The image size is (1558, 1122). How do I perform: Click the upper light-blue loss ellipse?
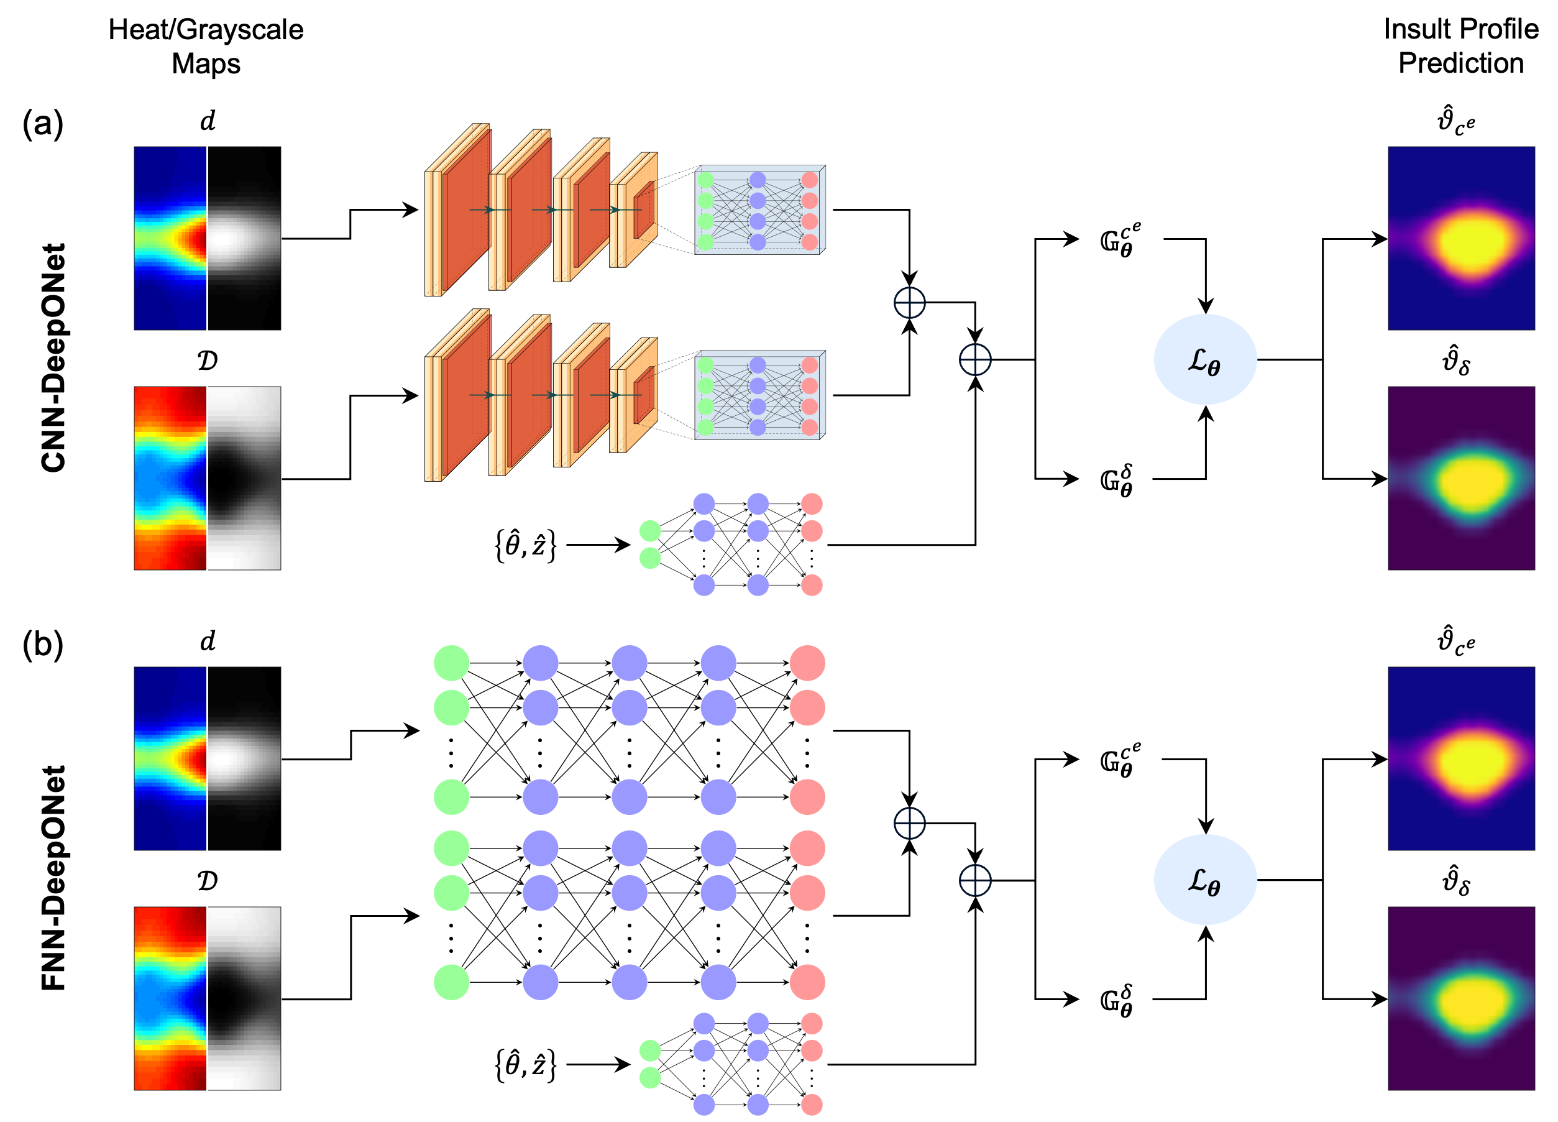click(x=1205, y=359)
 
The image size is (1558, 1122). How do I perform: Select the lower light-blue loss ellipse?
click(x=1205, y=880)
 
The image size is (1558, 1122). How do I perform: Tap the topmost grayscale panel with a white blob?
click(x=244, y=237)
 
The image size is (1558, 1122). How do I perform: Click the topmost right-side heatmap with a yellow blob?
click(x=1461, y=237)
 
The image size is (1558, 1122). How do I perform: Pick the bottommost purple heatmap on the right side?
click(x=1461, y=998)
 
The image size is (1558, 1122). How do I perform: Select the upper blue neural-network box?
click(x=759, y=210)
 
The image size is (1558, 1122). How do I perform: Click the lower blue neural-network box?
click(x=759, y=396)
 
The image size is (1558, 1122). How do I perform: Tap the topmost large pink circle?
click(x=807, y=663)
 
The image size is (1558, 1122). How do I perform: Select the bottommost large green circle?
click(x=451, y=982)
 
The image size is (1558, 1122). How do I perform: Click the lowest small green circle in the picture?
click(x=650, y=1077)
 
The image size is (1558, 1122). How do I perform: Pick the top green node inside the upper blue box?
click(x=705, y=180)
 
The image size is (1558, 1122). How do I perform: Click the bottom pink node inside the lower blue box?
click(x=810, y=428)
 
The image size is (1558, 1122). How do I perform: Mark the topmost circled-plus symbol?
click(x=910, y=302)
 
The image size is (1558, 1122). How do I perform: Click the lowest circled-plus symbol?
click(x=975, y=880)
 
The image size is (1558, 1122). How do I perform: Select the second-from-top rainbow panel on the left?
click(x=170, y=478)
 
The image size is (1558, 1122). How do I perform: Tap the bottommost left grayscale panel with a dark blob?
click(x=244, y=998)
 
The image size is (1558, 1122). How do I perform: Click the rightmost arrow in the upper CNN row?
click(x=615, y=209)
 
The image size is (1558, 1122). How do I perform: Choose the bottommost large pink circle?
click(x=807, y=982)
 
